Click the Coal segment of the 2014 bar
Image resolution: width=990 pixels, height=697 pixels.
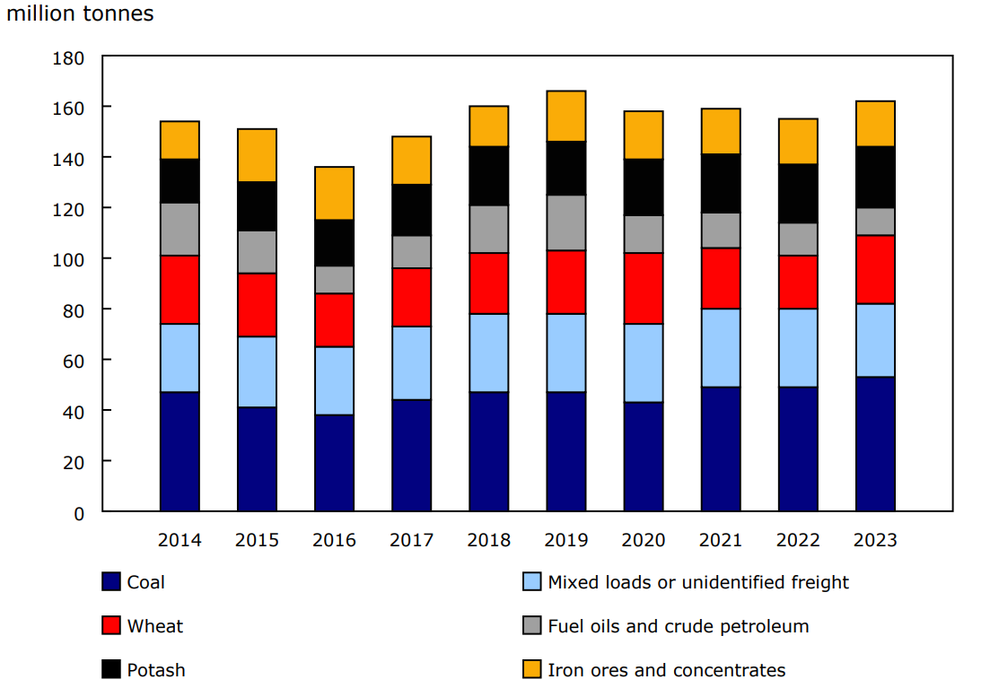click(x=180, y=451)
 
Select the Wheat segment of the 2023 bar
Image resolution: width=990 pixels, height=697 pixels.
click(x=875, y=269)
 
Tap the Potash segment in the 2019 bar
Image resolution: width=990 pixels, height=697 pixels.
click(x=566, y=168)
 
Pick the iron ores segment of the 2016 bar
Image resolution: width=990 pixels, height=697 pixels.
click(x=334, y=193)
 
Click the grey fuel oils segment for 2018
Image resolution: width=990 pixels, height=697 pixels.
click(x=489, y=229)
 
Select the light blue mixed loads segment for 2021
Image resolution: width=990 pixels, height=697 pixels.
click(x=721, y=347)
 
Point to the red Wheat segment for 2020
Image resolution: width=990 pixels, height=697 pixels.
click(x=644, y=288)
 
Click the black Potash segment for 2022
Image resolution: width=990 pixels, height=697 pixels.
click(x=798, y=193)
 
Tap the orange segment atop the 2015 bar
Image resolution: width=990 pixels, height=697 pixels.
click(x=257, y=155)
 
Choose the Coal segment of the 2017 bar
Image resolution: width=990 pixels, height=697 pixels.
click(x=411, y=455)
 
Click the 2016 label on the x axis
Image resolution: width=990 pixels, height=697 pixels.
click(x=334, y=540)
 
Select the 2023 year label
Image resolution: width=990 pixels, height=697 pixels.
click(x=875, y=540)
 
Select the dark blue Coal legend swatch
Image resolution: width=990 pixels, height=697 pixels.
click(x=111, y=582)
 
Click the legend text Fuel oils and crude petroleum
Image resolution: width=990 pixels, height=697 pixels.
click(x=678, y=626)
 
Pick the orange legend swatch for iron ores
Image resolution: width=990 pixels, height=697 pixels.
click(x=532, y=670)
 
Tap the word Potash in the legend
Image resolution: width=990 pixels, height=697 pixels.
click(x=156, y=670)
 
